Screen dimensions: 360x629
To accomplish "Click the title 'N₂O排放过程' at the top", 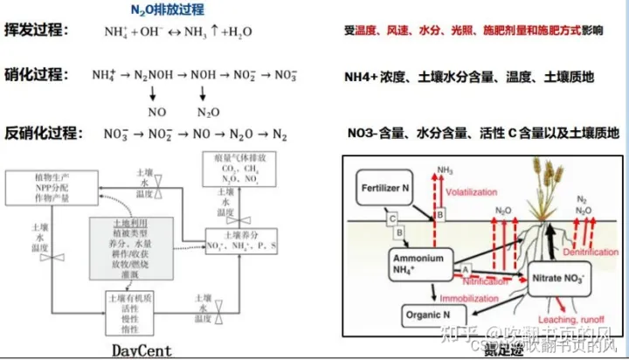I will [x=167, y=10].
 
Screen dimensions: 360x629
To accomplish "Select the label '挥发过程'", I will [x=36, y=31].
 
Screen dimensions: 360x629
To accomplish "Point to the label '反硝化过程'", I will [x=43, y=133].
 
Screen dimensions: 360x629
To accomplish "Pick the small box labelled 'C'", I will [x=393, y=218].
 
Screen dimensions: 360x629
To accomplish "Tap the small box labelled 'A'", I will [x=466, y=268].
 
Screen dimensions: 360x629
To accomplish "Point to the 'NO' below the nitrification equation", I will [x=157, y=113].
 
